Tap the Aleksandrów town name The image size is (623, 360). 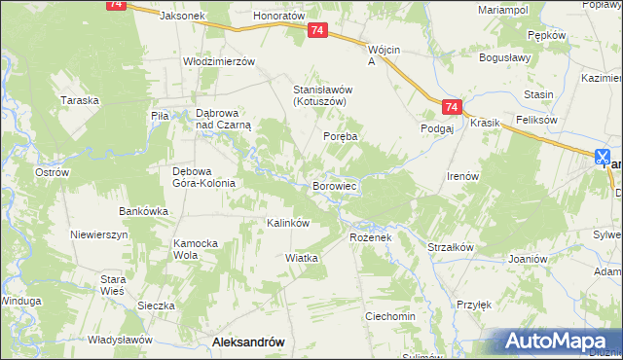(247, 342)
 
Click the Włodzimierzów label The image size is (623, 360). (219, 60)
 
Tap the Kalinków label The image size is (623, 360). (288, 223)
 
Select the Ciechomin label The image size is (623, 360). (389, 317)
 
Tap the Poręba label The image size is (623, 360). (341, 137)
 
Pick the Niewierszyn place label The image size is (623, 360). (99, 234)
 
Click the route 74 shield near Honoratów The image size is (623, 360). (317, 31)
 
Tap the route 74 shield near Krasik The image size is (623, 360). (449, 106)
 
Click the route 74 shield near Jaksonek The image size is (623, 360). (116, 4)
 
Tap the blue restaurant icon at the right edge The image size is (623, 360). (603, 156)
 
